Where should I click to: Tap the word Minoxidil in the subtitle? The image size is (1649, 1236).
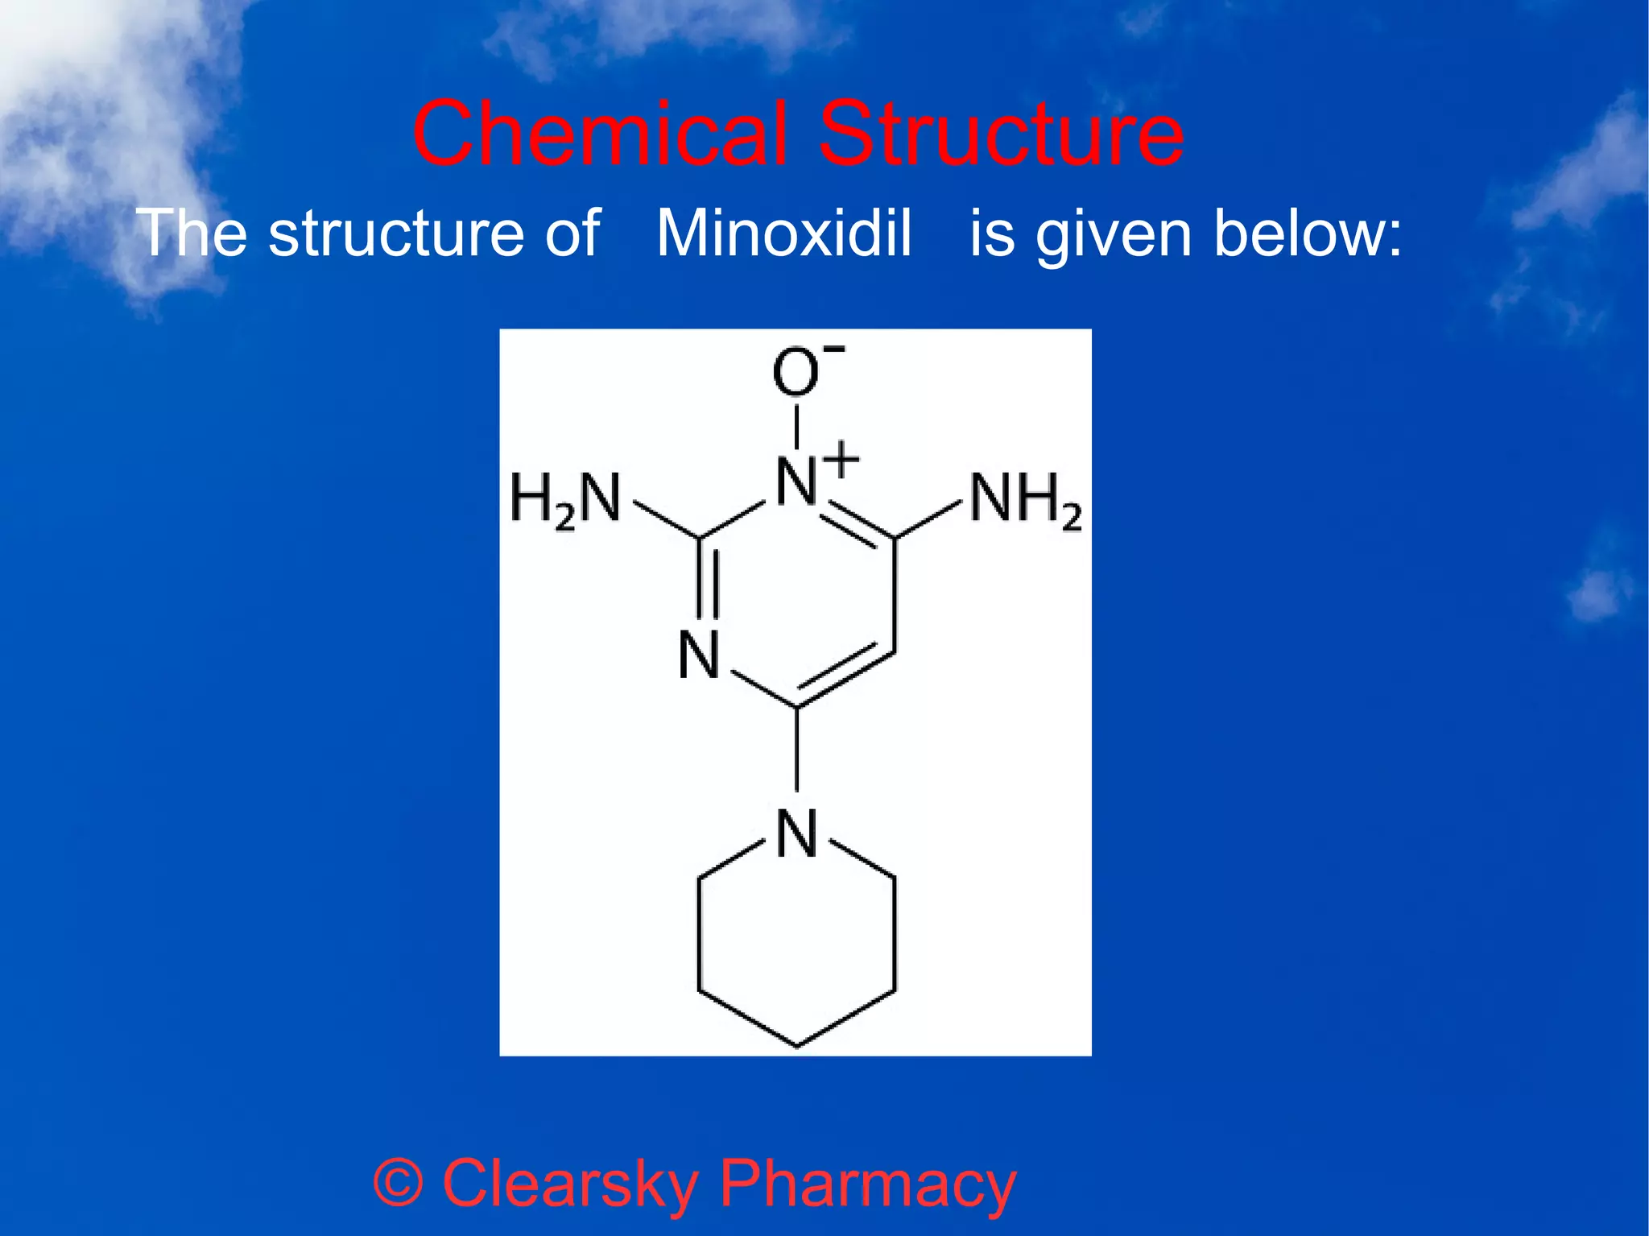(x=784, y=234)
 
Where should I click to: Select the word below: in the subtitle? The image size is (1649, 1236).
(x=1308, y=234)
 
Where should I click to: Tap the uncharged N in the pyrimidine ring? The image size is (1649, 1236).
(x=698, y=655)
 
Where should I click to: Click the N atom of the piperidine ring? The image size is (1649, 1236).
(x=796, y=834)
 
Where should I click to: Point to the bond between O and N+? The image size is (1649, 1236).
(x=796, y=426)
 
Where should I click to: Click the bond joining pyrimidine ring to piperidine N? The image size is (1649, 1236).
(x=796, y=749)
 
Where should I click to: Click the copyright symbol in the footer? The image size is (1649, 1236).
(x=398, y=1184)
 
